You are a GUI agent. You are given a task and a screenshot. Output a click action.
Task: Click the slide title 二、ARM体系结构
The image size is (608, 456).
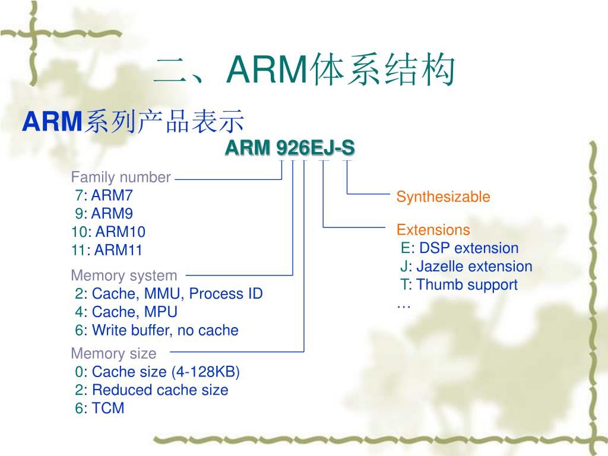click(305, 70)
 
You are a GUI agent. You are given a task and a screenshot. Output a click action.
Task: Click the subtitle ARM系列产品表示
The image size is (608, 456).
click(133, 121)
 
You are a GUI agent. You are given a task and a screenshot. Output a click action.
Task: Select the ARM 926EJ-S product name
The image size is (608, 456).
click(290, 148)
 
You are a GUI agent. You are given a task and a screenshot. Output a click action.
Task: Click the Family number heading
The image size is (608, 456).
click(121, 177)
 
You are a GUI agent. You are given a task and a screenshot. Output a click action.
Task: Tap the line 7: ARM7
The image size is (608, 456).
click(104, 195)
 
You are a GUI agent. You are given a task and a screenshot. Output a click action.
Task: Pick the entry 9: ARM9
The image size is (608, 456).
click(104, 213)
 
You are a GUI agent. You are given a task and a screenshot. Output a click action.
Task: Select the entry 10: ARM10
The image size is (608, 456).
click(108, 232)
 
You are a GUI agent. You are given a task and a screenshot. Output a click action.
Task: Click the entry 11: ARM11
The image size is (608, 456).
click(107, 250)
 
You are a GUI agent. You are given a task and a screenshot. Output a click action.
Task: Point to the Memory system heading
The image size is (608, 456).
click(123, 275)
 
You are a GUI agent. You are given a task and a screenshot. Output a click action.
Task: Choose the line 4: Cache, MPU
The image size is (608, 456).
click(126, 312)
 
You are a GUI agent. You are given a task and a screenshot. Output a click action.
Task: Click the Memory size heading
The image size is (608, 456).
click(113, 353)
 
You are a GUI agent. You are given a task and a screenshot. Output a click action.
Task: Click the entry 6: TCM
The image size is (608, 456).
click(100, 408)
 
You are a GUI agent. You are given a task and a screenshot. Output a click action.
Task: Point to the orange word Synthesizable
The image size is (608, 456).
click(443, 197)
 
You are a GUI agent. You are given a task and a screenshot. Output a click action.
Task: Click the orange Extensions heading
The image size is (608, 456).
click(433, 230)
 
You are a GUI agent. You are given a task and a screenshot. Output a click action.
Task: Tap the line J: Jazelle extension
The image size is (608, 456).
click(466, 267)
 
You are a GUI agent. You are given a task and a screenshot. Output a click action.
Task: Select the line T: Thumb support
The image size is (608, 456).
click(459, 284)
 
